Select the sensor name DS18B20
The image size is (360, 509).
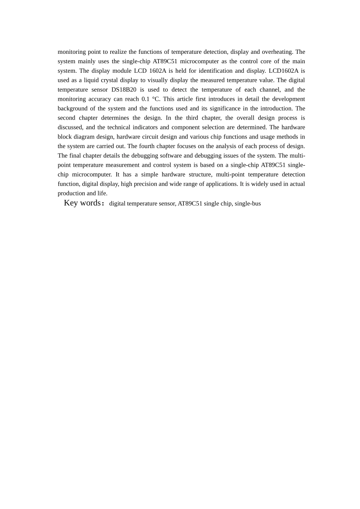coord(124,90)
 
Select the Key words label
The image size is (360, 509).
coord(82,203)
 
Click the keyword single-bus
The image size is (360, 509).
coord(247,204)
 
